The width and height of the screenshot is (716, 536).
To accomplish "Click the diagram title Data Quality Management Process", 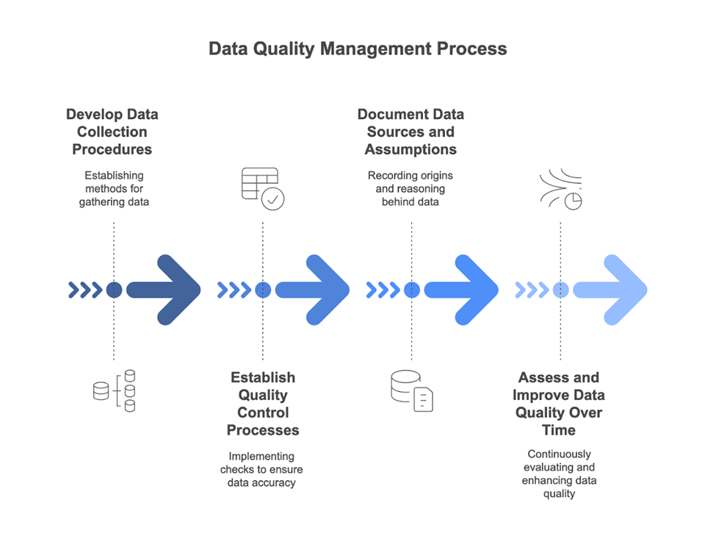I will click(x=358, y=49).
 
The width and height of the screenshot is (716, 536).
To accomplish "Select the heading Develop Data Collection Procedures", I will click(x=112, y=132).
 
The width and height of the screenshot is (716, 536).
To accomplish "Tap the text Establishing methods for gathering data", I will click(x=114, y=188).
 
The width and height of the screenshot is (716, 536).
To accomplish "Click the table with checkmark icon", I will click(x=262, y=188).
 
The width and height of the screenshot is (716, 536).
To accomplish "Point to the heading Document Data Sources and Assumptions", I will click(x=411, y=132).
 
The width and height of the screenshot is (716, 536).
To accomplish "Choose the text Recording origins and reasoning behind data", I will click(x=411, y=188).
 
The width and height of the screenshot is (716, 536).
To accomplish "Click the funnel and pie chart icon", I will click(x=560, y=189).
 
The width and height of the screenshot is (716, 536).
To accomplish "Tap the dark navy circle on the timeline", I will click(x=114, y=290).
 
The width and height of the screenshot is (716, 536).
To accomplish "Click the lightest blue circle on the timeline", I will click(x=560, y=290).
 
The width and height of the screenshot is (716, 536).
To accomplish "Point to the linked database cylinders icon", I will click(x=115, y=390).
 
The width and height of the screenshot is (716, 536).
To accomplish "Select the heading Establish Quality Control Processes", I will click(x=263, y=404).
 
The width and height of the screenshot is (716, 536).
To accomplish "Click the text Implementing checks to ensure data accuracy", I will click(x=261, y=469).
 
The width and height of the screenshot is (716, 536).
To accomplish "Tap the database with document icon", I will click(x=411, y=390).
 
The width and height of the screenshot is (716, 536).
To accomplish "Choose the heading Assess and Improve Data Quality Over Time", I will click(x=559, y=404).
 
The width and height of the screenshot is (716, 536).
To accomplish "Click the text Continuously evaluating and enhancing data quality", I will click(x=559, y=474).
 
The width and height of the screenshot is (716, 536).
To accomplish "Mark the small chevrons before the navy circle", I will click(x=84, y=290).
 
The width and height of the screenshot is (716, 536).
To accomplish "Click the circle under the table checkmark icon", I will click(x=263, y=290).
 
